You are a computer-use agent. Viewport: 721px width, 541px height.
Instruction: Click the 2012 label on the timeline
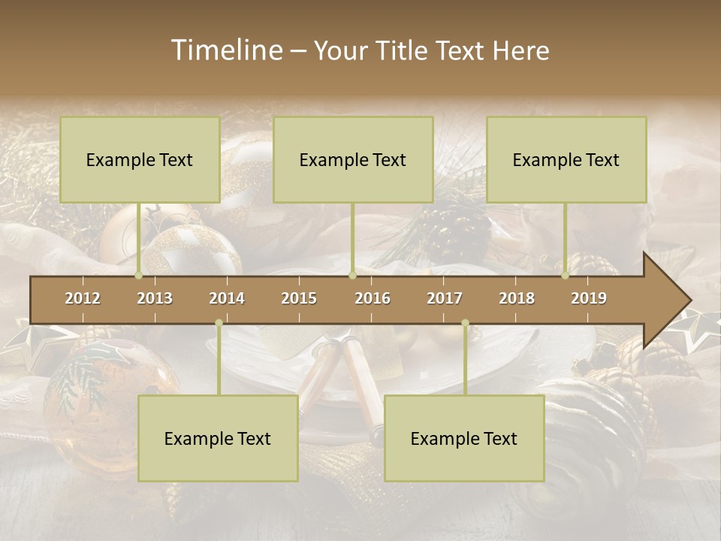(83, 298)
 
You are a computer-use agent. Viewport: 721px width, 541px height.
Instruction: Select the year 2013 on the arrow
(155, 298)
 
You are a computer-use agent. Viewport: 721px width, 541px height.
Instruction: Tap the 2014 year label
(227, 298)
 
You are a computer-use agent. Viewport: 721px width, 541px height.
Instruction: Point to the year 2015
(299, 298)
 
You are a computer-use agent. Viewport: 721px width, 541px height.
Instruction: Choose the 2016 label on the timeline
(373, 298)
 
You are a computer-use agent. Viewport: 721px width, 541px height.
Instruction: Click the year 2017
(445, 298)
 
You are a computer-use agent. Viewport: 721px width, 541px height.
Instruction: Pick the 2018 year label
(517, 298)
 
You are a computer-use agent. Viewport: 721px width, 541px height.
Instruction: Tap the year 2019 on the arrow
(589, 298)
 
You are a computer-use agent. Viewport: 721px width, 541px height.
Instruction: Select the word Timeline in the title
(226, 50)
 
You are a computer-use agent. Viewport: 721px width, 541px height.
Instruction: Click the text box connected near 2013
(140, 159)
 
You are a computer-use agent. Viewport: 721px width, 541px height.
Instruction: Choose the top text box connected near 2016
(353, 159)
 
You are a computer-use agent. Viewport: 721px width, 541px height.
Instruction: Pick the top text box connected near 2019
(566, 159)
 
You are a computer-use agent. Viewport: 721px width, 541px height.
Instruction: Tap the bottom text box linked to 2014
(218, 438)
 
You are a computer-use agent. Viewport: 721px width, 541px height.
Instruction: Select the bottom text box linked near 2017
(464, 438)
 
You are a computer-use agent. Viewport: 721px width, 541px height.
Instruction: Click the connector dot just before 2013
(138, 275)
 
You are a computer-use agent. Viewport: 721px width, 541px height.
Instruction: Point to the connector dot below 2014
(219, 323)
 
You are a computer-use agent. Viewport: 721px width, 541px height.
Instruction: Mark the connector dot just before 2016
(352, 275)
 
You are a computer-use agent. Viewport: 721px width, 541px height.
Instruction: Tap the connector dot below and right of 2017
(465, 323)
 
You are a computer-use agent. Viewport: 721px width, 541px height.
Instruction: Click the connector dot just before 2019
(565, 275)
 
